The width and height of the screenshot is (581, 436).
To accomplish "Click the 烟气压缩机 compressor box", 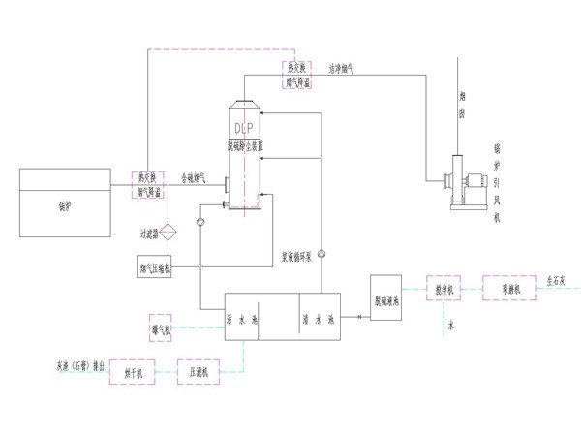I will click(x=155, y=266).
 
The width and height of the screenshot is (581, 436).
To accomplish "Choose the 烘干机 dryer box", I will click(x=133, y=371).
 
